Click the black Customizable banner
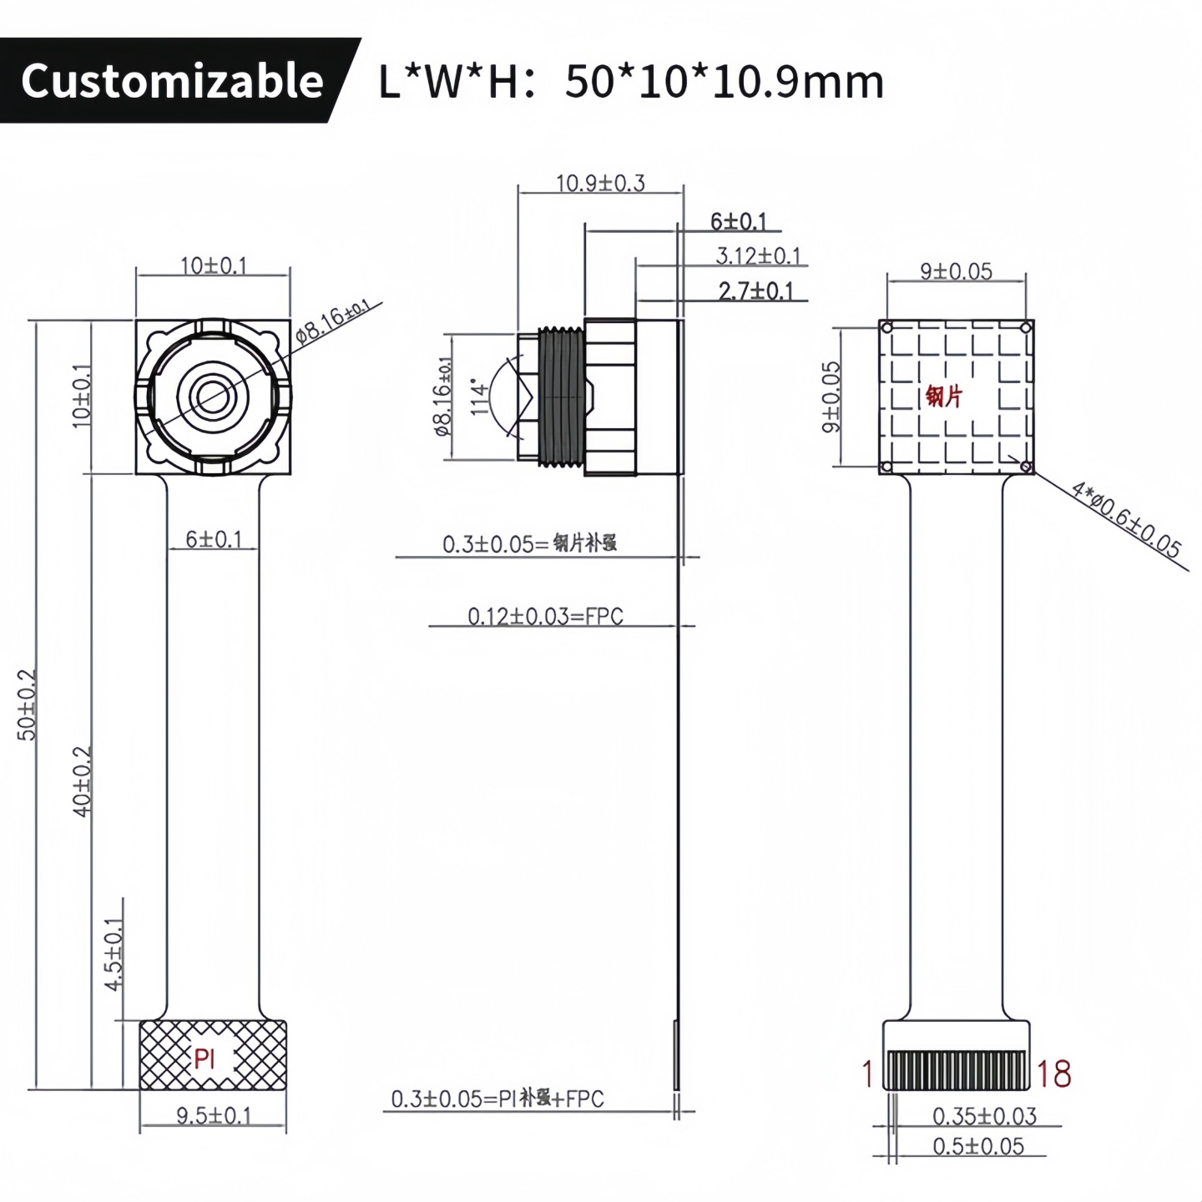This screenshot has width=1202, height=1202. pyautogui.click(x=171, y=80)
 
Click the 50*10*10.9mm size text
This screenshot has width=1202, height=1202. pyautogui.click(x=724, y=82)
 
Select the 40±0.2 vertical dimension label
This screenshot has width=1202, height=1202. pyautogui.click(x=82, y=780)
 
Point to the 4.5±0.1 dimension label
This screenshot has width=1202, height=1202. pyautogui.click(x=114, y=954)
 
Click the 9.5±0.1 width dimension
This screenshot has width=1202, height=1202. pyautogui.click(x=213, y=1115)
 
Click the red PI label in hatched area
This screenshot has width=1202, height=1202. pyautogui.click(x=205, y=1059)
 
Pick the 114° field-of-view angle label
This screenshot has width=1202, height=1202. pyautogui.click(x=479, y=398)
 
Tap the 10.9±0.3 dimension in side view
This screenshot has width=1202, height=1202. pyautogui.click(x=600, y=183)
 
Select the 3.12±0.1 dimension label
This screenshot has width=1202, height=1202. pyautogui.click(x=757, y=255)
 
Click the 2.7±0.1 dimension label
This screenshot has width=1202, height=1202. pyautogui.click(x=755, y=291)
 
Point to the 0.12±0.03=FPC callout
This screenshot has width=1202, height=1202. pyautogui.click(x=544, y=616)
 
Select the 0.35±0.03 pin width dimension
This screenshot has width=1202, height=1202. pyautogui.click(x=984, y=1116)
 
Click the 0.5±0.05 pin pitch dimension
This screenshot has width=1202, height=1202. pyautogui.click(x=977, y=1146)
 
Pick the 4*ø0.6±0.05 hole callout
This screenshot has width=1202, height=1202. pyautogui.click(x=1126, y=519)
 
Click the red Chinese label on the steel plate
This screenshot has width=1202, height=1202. pyautogui.click(x=944, y=396)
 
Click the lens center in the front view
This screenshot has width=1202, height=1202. pyautogui.click(x=212, y=396)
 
